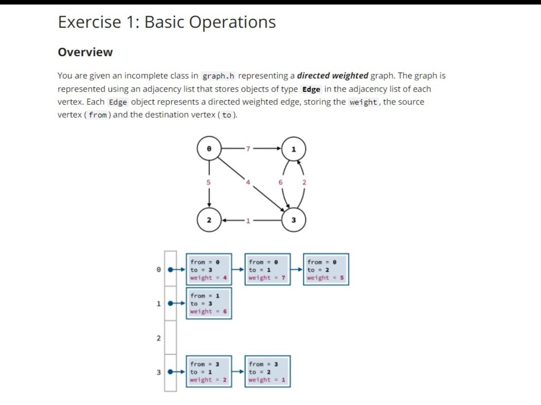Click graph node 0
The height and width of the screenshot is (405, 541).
209,149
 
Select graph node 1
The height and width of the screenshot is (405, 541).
294,149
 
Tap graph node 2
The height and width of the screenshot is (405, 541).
209,220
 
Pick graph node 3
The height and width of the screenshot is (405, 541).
294,220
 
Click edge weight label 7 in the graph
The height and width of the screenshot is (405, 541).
248,149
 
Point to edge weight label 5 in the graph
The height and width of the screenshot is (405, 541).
209,182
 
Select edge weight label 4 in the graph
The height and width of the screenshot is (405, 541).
248,182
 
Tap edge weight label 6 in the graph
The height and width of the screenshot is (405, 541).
280,182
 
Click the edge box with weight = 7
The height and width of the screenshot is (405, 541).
267,269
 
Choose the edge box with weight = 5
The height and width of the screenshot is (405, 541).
326,269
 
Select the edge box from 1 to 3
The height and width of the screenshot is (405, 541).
209,303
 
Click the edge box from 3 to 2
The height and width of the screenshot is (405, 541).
267,372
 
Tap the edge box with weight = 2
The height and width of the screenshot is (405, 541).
209,372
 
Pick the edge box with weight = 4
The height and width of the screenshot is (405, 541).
209,269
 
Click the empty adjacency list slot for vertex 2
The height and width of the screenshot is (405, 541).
170,337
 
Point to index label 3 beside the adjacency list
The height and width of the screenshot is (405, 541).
159,372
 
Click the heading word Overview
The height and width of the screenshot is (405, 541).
85,52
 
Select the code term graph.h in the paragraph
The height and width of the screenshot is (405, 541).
218,76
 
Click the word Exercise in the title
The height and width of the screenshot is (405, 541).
89,22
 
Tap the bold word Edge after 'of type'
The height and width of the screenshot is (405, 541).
311,89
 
